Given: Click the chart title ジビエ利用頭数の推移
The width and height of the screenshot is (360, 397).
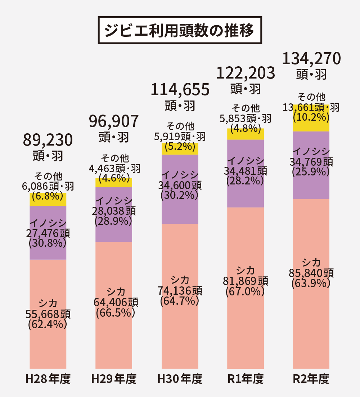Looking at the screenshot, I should pyautogui.click(x=180, y=30).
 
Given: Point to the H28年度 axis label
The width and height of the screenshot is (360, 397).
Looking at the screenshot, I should pyautogui.click(x=48, y=379).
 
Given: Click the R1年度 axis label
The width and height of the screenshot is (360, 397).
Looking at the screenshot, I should pyautogui.click(x=246, y=379).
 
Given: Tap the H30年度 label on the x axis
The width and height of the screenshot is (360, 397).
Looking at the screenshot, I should pyautogui.click(x=180, y=379).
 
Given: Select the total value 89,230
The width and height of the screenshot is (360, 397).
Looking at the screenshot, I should pyautogui.click(x=48, y=140).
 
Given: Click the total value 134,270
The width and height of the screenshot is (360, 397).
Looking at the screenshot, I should pyautogui.click(x=311, y=58).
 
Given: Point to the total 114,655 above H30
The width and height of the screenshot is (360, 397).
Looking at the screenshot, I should pyautogui.click(x=180, y=90).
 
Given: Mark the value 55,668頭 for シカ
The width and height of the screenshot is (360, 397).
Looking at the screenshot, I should pyautogui.click(x=48, y=314).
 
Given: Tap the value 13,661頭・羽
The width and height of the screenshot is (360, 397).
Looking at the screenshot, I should pyautogui.click(x=311, y=107).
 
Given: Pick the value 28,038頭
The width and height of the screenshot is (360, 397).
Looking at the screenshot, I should pyautogui.click(x=114, y=210).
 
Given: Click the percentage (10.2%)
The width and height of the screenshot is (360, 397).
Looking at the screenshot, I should pyautogui.click(x=311, y=117).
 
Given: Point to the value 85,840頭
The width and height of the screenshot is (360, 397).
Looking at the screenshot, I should pyautogui.click(x=311, y=273).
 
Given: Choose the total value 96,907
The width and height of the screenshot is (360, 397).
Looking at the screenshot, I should pyautogui.click(x=114, y=121).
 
